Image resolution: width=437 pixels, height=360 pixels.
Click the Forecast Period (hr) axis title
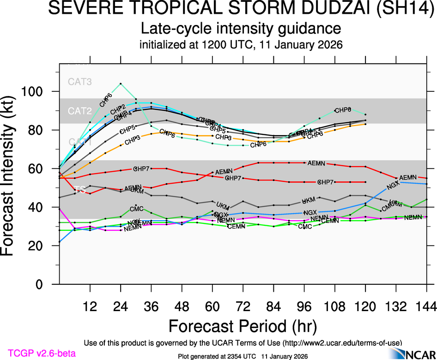pyautogui.click(x=243, y=325)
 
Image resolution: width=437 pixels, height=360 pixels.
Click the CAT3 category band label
pyautogui.click(x=80, y=82)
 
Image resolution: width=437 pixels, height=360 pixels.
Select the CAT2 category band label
pyautogui.click(x=80, y=111)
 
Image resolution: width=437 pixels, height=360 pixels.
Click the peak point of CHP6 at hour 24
pyautogui.click(x=121, y=84)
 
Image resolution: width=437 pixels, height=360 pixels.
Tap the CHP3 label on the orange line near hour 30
pyautogui.click(x=133, y=139)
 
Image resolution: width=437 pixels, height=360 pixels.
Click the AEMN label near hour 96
pyautogui.click(x=316, y=163)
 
